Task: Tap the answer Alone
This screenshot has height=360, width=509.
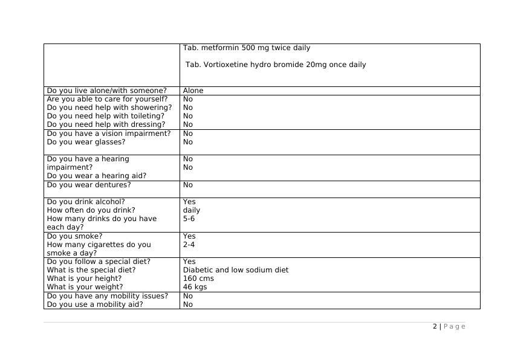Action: point(193,91)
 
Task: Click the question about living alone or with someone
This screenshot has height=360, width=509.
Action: point(106,91)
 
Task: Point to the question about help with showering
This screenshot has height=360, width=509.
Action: point(109,108)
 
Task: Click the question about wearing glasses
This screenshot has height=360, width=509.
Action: point(86,142)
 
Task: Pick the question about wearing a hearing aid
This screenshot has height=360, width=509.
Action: point(96,176)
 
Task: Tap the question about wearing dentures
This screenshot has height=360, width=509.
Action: point(88,185)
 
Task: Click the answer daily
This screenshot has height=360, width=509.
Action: point(192,210)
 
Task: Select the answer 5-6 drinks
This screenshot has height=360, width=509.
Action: point(189,219)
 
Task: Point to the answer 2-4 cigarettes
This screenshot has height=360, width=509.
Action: point(189,245)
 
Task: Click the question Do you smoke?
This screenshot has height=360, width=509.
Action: point(74,236)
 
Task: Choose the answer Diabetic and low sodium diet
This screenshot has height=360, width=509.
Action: point(235,270)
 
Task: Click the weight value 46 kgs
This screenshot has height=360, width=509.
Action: point(195,287)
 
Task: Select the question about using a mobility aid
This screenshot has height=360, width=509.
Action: point(95,304)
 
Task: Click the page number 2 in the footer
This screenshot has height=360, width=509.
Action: point(435,326)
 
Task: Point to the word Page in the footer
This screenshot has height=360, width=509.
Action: point(455,326)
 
